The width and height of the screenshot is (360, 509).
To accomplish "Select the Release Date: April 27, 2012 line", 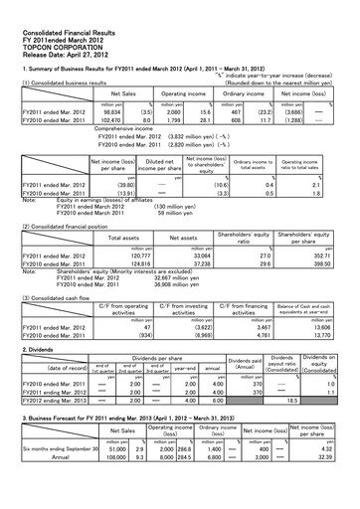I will (x=55, y=41).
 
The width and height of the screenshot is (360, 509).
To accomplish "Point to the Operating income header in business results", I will (x=183, y=93).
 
